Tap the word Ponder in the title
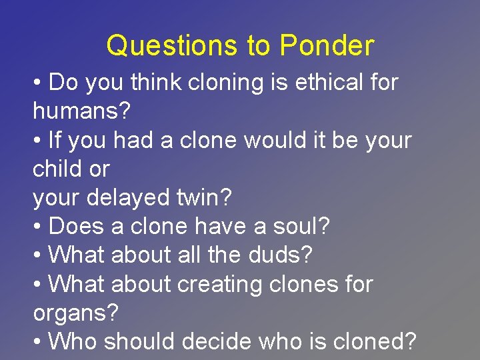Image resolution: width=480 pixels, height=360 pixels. click(x=327, y=46)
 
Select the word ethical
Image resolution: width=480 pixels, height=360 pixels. click(x=326, y=83)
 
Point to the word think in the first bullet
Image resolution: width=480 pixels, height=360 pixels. click(x=157, y=83)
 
